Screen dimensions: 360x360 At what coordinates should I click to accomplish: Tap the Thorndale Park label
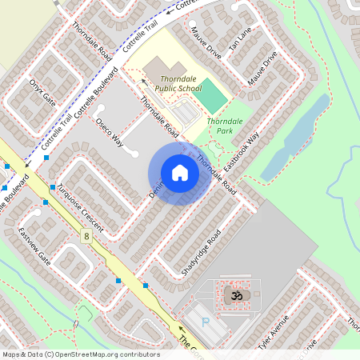pos(220,126)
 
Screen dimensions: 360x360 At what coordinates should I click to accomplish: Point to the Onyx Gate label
pos(43,94)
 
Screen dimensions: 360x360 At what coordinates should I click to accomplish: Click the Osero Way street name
pos(109,133)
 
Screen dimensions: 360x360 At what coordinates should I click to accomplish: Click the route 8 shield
pos(85,236)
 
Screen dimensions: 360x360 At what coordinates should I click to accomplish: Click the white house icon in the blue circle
pos(180,173)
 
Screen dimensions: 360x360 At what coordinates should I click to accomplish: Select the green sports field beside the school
pos(212,97)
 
